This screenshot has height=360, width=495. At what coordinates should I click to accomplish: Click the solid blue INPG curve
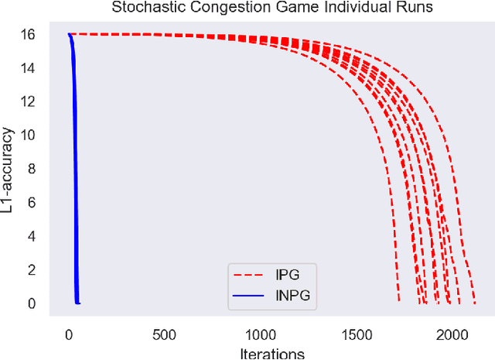[73, 155]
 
